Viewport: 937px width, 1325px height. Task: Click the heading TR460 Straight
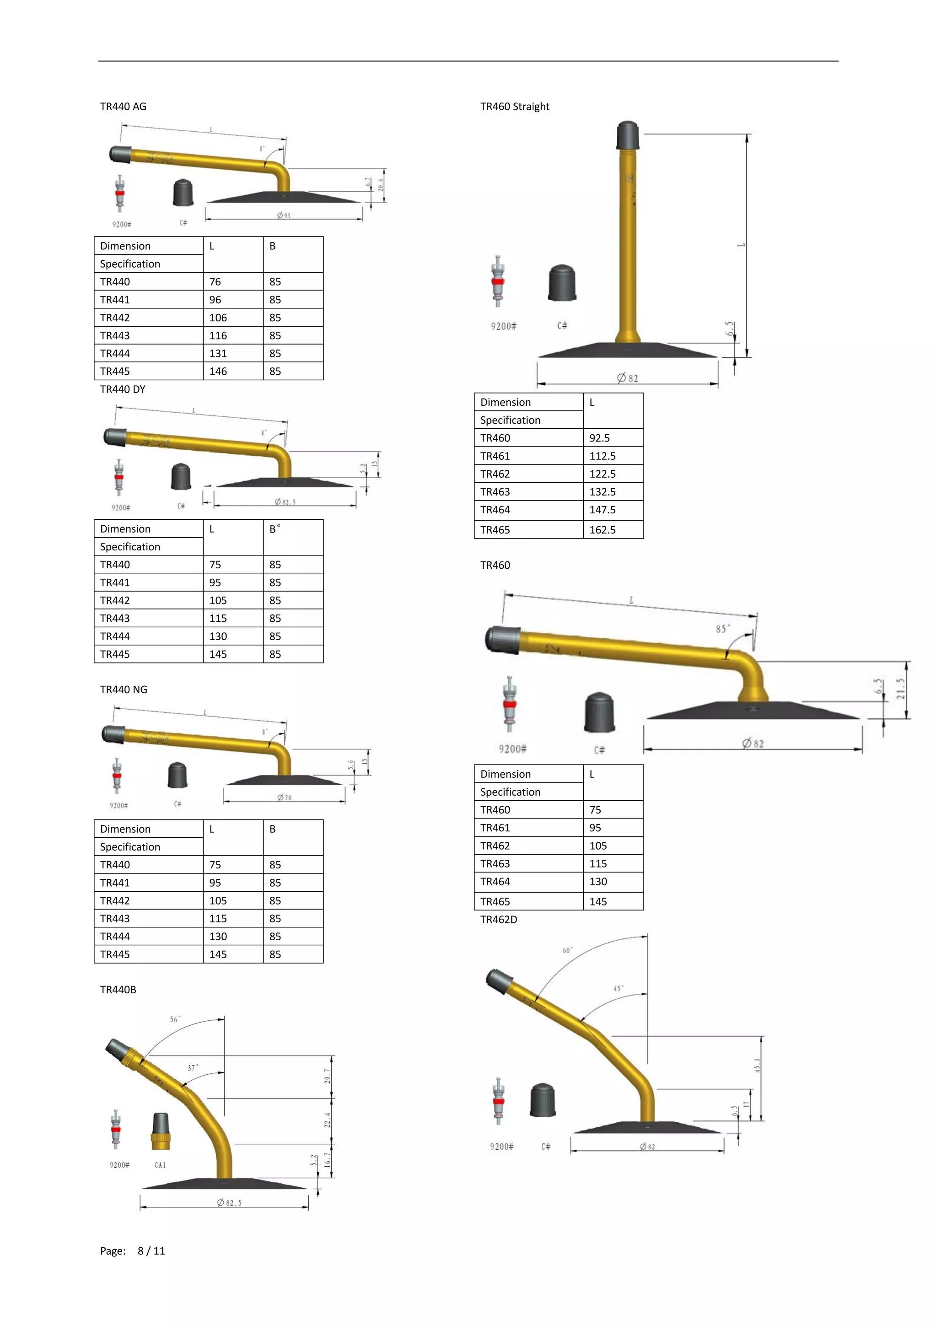[x=515, y=107]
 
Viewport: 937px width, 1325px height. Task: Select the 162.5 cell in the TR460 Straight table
[x=603, y=530]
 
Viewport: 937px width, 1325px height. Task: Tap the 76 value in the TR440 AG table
[x=215, y=282]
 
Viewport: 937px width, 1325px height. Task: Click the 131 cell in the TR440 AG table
[x=218, y=353]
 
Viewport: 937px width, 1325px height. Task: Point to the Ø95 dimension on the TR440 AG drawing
[x=283, y=215]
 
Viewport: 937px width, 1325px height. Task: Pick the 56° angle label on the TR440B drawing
[x=175, y=1019]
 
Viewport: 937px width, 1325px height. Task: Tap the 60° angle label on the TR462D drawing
[x=567, y=950]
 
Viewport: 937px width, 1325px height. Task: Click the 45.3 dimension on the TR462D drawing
[x=757, y=1065]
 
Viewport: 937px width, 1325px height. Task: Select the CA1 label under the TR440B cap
[x=160, y=1165]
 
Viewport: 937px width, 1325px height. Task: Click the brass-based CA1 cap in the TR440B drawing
[x=161, y=1131]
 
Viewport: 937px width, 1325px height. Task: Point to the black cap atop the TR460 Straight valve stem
[x=627, y=135]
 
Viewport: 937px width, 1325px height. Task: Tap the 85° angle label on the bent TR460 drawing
[x=722, y=629]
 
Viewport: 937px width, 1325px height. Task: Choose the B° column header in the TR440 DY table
[x=275, y=528]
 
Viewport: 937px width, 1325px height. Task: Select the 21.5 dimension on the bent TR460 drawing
[x=901, y=689]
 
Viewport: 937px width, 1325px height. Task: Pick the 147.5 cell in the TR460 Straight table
[x=603, y=510]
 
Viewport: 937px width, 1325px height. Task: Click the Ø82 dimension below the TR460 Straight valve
[x=628, y=378]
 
